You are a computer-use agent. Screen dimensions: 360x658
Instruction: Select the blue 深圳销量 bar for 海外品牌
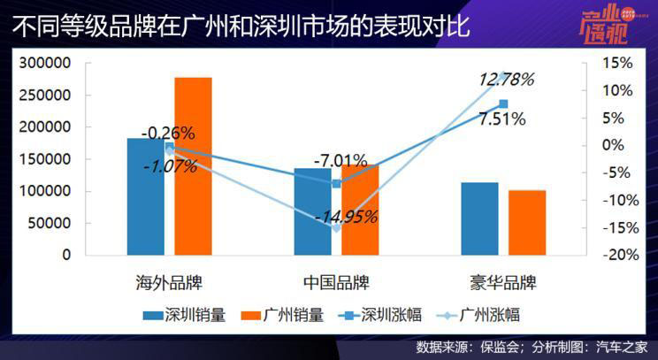coord(146,195)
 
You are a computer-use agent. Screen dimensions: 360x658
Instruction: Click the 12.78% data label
coord(506,80)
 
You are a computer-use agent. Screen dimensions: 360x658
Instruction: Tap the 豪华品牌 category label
coord(503,283)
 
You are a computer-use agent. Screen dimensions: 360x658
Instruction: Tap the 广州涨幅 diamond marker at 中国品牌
coord(336,227)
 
